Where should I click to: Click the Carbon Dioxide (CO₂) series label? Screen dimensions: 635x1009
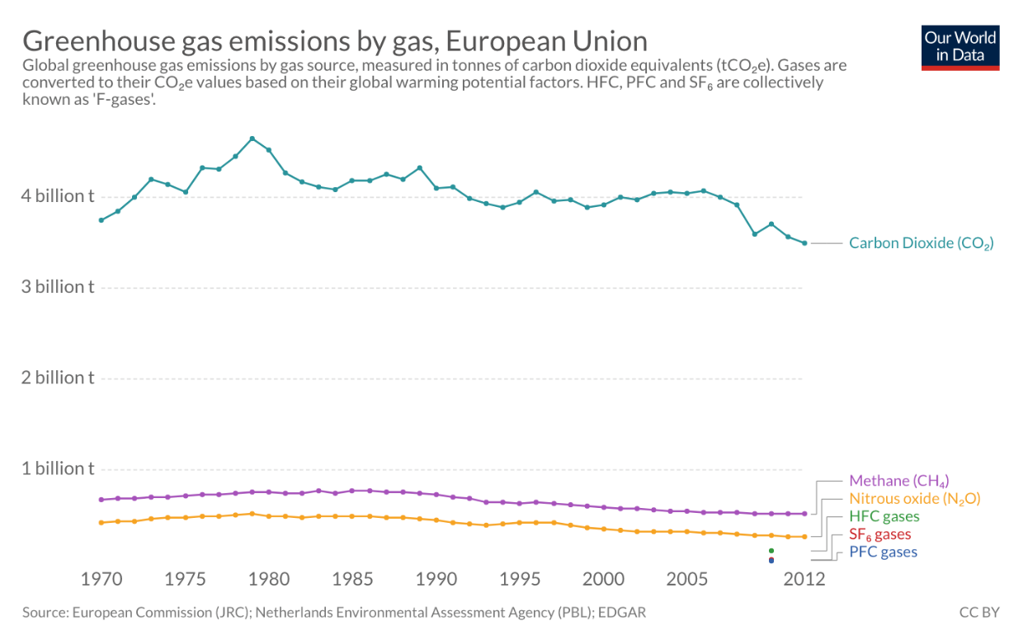(x=921, y=243)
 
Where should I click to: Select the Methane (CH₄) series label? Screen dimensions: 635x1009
(x=898, y=481)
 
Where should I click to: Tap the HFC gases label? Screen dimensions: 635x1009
(x=884, y=517)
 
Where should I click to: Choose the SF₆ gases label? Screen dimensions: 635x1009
(x=879, y=535)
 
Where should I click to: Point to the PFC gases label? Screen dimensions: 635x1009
(x=883, y=553)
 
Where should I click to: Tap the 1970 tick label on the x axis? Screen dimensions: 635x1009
(x=101, y=579)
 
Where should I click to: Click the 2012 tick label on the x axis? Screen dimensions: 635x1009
(x=804, y=579)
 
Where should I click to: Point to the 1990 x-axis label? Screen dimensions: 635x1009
(x=436, y=579)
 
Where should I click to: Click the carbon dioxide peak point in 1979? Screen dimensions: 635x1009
(x=252, y=139)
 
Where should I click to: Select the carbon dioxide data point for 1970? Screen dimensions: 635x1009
(x=101, y=220)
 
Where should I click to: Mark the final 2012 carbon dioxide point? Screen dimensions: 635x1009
(x=804, y=243)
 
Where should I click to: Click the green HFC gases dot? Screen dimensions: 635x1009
(x=771, y=550)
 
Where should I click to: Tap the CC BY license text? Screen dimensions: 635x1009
(x=978, y=613)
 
